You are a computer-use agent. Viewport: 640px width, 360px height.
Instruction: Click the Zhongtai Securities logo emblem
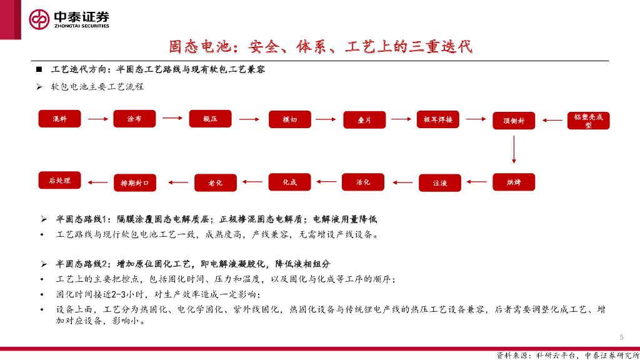point(39,20)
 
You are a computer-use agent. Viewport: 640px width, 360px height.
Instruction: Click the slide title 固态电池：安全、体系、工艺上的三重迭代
point(320,47)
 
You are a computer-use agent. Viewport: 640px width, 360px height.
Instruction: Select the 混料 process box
point(60,119)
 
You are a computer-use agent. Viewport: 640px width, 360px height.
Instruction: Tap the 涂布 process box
point(134,119)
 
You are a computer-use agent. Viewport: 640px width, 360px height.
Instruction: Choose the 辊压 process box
point(210,119)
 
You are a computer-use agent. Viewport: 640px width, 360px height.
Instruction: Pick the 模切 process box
point(289,119)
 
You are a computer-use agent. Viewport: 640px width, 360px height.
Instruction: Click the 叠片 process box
point(364,120)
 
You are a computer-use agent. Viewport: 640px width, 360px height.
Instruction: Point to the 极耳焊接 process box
point(438,119)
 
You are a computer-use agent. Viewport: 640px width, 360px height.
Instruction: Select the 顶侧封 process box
point(514,121)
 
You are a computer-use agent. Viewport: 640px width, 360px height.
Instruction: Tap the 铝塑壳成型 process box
point(588,121)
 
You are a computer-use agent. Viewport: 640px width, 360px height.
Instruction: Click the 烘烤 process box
point(514,182)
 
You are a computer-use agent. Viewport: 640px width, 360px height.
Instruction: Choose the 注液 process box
point(440,183)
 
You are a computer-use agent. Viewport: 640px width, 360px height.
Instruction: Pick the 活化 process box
point(363,182)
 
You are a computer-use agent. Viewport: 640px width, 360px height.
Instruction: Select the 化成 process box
point(289,182)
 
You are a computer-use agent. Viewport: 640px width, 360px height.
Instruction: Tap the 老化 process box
point(215,182)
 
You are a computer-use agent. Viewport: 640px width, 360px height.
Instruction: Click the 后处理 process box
point(60,181)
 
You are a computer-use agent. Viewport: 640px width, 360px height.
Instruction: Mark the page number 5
point(621,335)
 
